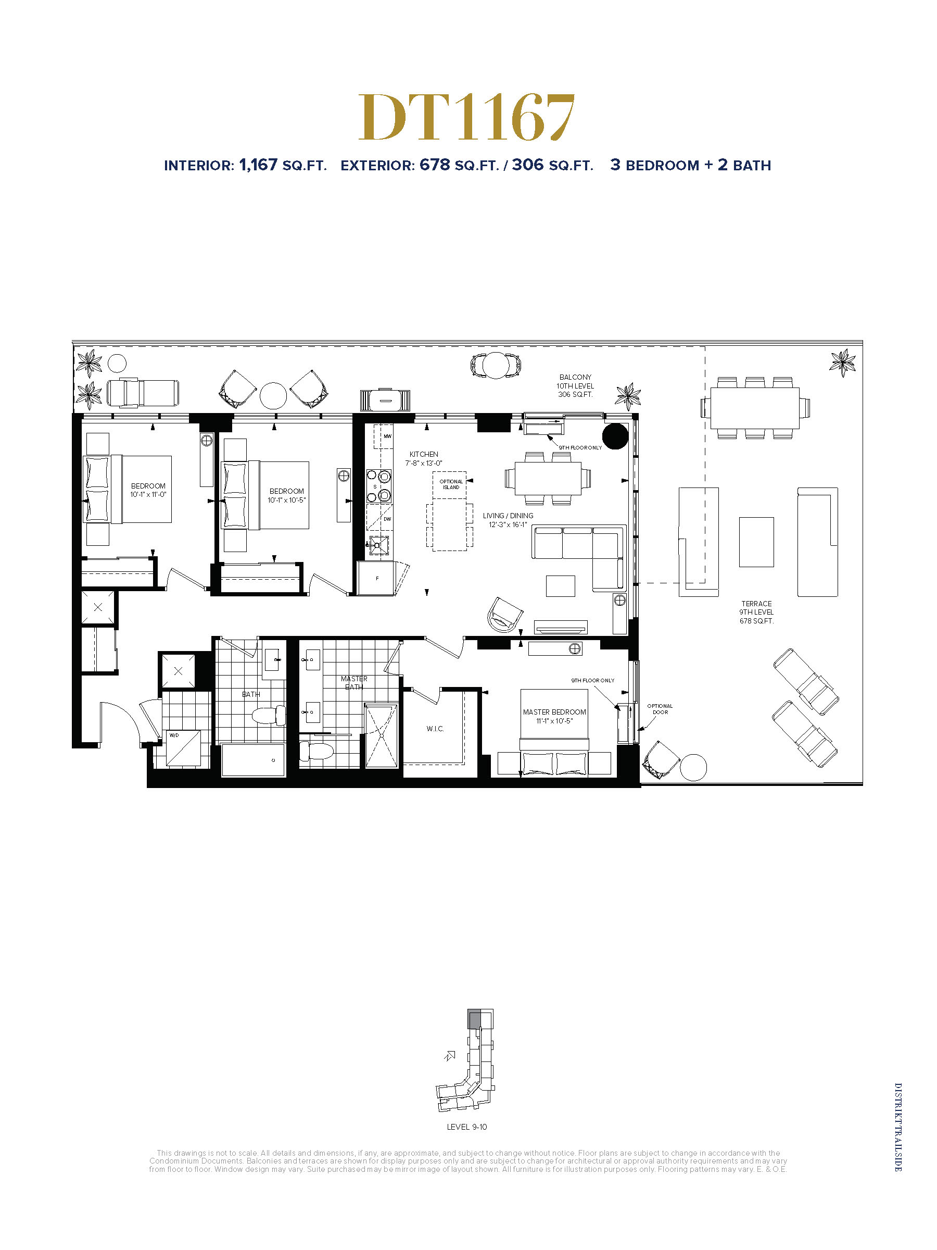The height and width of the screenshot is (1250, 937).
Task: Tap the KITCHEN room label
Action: [x=424, y=454]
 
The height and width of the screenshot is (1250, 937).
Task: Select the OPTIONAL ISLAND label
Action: [x=451, y=484]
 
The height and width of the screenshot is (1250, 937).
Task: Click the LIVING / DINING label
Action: [x=508, y=516]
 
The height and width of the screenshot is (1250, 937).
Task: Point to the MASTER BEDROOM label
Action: [x=554, y=712]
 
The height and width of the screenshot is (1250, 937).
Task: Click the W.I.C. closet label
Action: [x=435, y=729]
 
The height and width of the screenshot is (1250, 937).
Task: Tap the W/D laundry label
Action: [x=174, y=735]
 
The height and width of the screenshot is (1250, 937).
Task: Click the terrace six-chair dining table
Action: [x=755, y=407]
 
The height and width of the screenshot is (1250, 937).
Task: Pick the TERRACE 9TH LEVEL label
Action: [x=756, y=612]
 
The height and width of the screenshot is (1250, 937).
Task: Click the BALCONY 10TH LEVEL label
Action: [x=576, y=385]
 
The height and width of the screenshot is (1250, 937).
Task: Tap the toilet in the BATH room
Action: [x=268, y=716]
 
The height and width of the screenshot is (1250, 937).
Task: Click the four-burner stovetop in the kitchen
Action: [x=379, y=486]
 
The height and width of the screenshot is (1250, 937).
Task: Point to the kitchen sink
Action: [x=379, y=545]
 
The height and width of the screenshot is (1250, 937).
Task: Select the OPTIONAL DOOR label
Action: [x=660, y=709]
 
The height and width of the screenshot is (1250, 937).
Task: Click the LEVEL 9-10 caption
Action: [x=466, y=1126]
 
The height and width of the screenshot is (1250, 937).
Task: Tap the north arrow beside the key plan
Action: [x=450, y=1056]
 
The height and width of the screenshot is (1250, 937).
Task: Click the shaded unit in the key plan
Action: [x=474, y=1019]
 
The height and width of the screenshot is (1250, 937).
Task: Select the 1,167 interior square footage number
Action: [x=258, y=165]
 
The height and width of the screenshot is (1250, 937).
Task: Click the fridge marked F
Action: [x=377, y=578]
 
